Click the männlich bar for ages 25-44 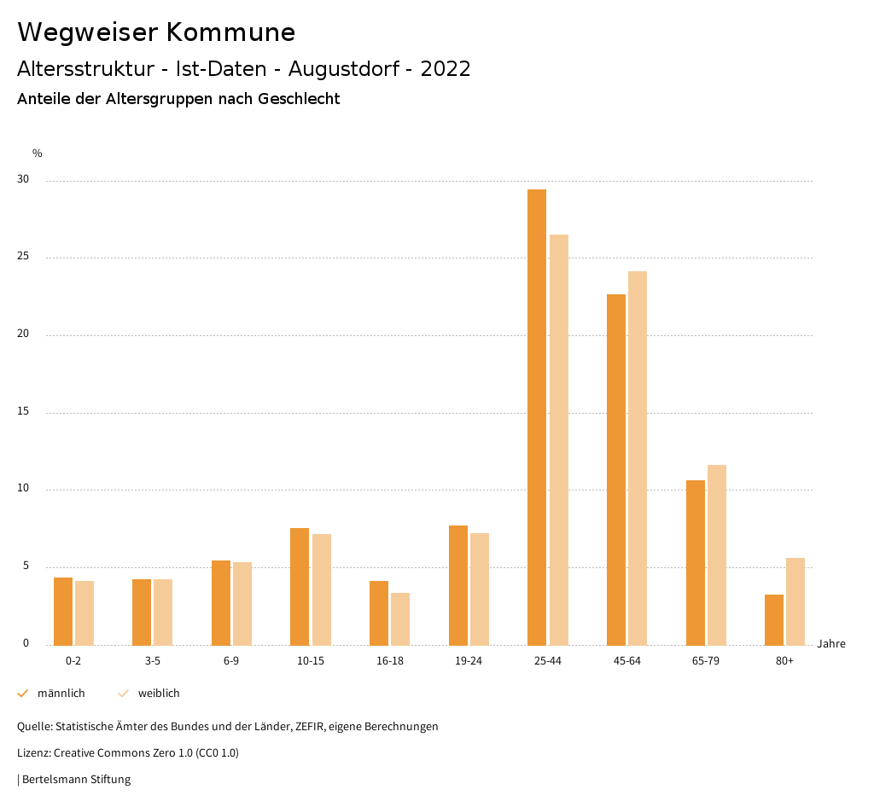coord(537,417)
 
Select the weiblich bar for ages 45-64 coord(638,458)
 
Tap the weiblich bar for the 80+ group coord(795,601)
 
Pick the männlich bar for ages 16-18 coord(379,613)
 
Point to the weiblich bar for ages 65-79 coord(717,554)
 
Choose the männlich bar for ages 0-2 coord(63,611)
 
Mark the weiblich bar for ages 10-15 coord(322,589)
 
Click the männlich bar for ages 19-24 coord(458,585)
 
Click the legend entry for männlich coord(52,694)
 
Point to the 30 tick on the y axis coord(23,180)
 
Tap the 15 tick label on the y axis coord(23,412)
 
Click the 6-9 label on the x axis coord(231,661)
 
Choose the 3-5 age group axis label coord(153,661)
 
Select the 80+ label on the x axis coord(785,661)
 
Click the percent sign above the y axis coord(38,154)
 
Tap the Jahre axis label coord(831,644)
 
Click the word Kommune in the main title coord(230,32)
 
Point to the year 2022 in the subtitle coord(446,69)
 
